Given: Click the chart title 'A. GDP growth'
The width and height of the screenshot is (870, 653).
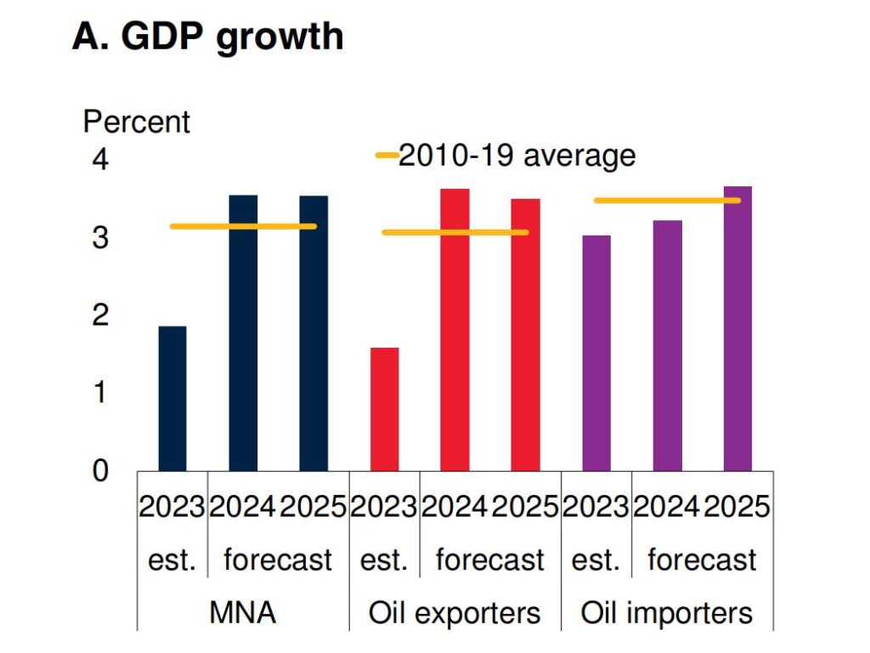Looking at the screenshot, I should click(207, 37).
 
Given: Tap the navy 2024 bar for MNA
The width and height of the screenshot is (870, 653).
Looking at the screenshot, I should click(243, 332).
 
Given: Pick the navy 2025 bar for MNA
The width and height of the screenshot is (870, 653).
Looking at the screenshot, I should click(314, 332).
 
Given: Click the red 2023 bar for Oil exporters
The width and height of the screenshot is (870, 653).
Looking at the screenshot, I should click(385, 409).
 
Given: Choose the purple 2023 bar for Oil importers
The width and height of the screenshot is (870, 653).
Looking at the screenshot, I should click(596, 353).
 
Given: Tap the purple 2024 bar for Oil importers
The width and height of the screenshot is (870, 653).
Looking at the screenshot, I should click(667, 345).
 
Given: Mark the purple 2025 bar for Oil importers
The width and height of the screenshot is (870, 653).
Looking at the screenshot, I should click(737, 328).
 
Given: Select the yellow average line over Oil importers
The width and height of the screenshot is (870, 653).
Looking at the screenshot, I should click(667, 201).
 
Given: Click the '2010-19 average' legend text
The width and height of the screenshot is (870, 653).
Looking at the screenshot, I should click(517, 156).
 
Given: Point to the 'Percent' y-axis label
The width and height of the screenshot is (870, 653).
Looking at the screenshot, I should click(136, 122).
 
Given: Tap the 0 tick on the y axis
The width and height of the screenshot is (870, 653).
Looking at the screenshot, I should click(100, 470).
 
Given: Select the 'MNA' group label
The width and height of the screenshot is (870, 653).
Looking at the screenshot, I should click(243, 613).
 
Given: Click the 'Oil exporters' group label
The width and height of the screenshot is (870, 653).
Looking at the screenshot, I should click(455, 613).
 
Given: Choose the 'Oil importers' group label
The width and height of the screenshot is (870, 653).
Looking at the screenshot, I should click(667, 613).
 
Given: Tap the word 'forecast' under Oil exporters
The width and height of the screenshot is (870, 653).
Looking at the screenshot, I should click(489, 560).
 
